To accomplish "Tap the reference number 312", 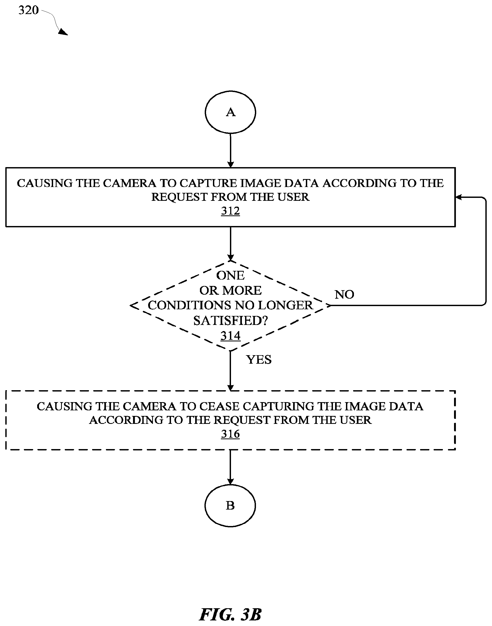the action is [x=230, y=211].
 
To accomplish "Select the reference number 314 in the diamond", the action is [x=230, y=336].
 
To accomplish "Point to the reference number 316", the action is [x=230, y=434].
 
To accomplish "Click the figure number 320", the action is [x=28, y=10].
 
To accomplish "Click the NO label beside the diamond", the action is [x=344, y=294].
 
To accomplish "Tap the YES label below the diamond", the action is [x=259, y=359].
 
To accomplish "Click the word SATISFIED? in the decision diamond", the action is [x=230, y=321].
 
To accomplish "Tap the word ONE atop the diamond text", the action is [x=230, y=275].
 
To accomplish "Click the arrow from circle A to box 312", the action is [x=230, y=150].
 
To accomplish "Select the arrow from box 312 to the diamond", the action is [x=230, y=244].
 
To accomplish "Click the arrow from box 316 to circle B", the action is [x=230, y=467].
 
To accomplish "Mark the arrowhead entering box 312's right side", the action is [x=459, y=197].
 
